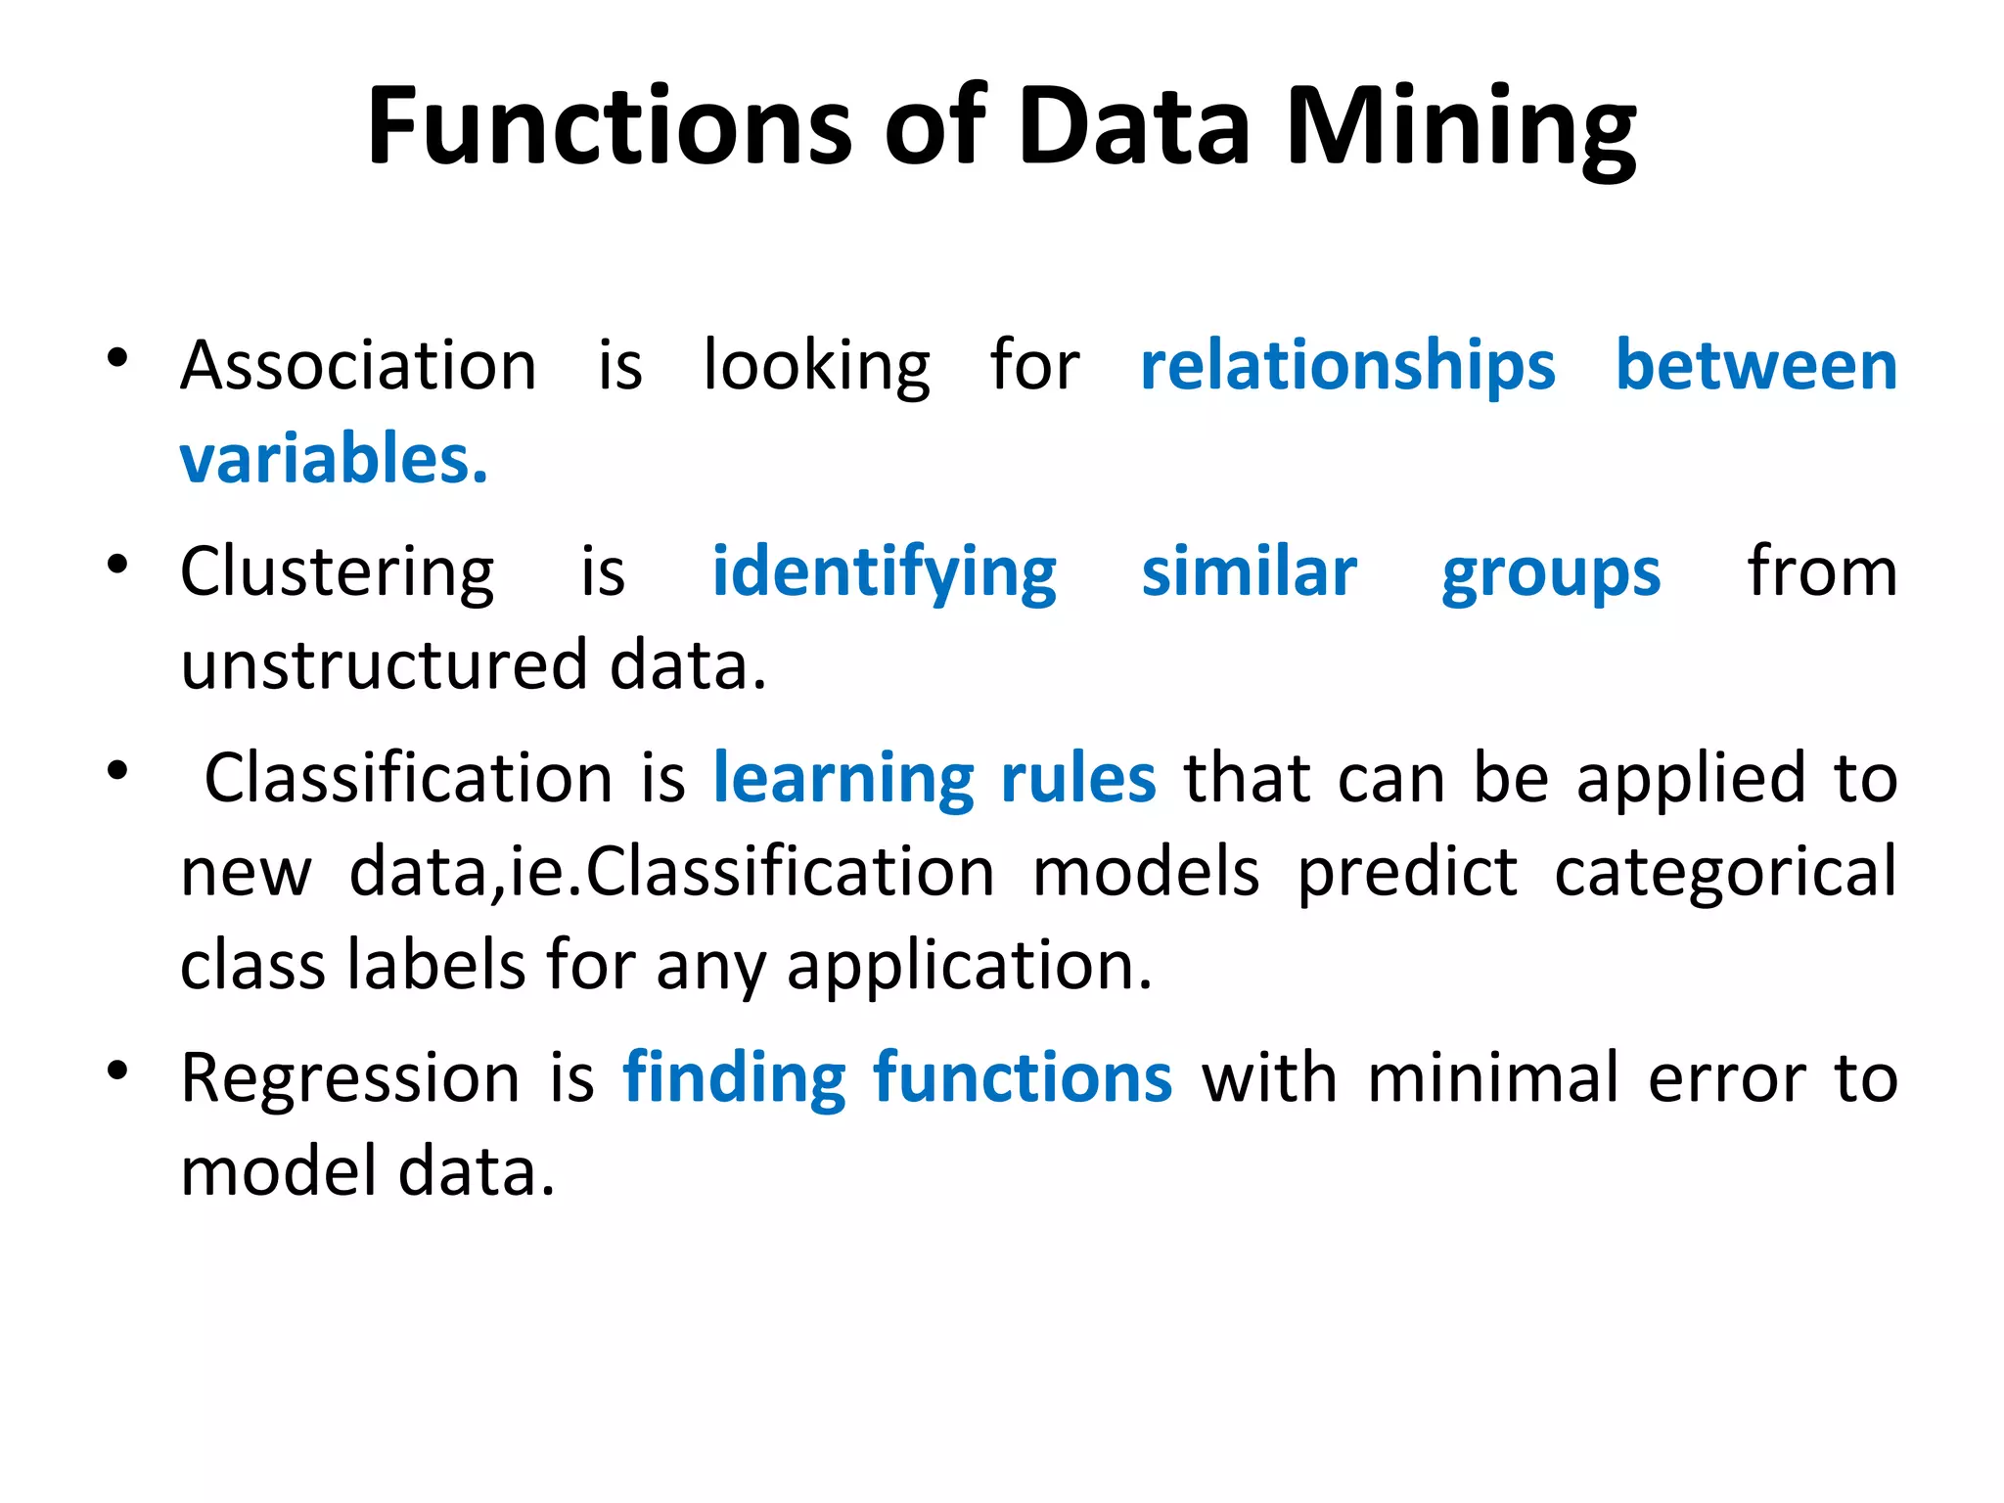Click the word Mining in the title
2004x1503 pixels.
tap(1461, 127)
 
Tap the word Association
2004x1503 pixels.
tap(358, 366)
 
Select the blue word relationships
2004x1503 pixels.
tap(1347, 366)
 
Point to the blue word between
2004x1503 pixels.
tap(1755, 366)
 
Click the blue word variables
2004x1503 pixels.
tap(334, 459)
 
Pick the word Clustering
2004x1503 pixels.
tap(338, 572)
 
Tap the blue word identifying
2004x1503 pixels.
tap(884, 572)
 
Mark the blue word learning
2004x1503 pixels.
tap(843, 780)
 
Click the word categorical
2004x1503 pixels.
tap(1725, 873)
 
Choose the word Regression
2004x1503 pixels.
tap(350, 1078)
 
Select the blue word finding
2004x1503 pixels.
tap(734, 1078)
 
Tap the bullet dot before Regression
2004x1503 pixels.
tap(117, 1071)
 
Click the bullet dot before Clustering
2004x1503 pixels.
tap(117, 566)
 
